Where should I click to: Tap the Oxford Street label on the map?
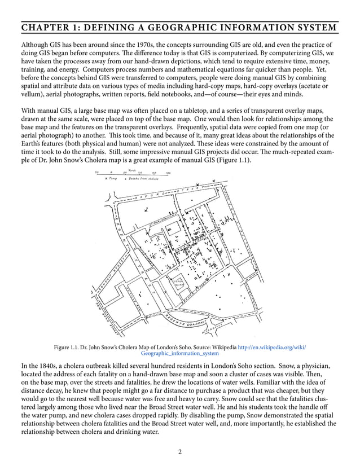pos(164,195)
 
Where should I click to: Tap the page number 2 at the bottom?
pos(179,451)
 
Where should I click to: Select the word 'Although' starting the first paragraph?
pos(35,45)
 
